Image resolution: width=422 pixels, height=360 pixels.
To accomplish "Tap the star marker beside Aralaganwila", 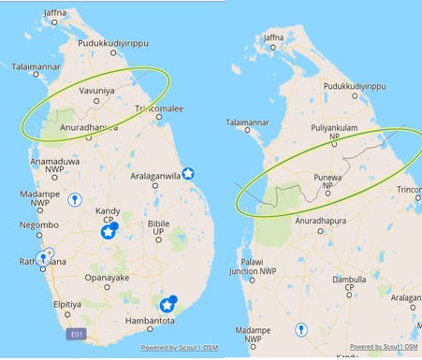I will tap(188, 173).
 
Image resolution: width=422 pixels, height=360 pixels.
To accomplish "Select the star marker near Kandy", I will tap(109, 233).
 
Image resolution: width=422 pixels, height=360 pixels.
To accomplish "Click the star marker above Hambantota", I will tap(167, 304).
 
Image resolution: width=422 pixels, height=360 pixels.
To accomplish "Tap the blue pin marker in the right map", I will tap(301, 329).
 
